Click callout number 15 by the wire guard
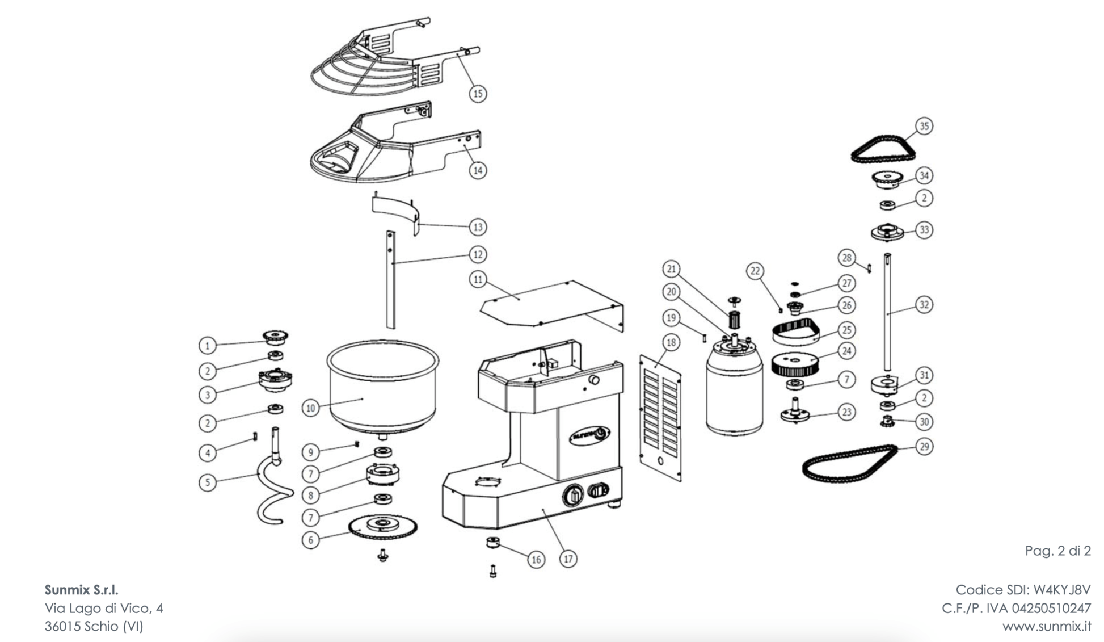[478, 93]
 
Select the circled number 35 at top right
[924, 125]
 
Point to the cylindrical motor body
[734, 397]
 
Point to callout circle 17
[568, 559]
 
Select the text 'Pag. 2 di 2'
[1057, 551]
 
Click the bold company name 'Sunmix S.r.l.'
[81, 590]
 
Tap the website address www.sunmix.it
[1046, 626]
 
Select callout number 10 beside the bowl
[310, 408]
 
